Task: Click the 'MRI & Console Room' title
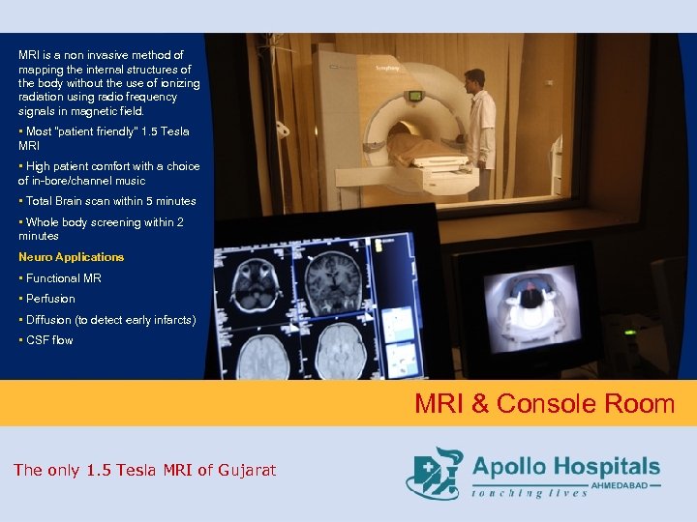pyautogui.click(x=544, y=404)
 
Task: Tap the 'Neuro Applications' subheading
pyautogui.click(x=72, y=257)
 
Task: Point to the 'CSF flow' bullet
pyautogui.click(x=49, y=340)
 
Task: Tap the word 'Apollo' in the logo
pyautogui.click(x=510, y=468)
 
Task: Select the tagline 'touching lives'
pyautogui.click(x=530, y=493)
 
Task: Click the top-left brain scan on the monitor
pyautogui.click(x=257, y=279)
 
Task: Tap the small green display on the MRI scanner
pyautogui.click(x=415, y=96)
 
